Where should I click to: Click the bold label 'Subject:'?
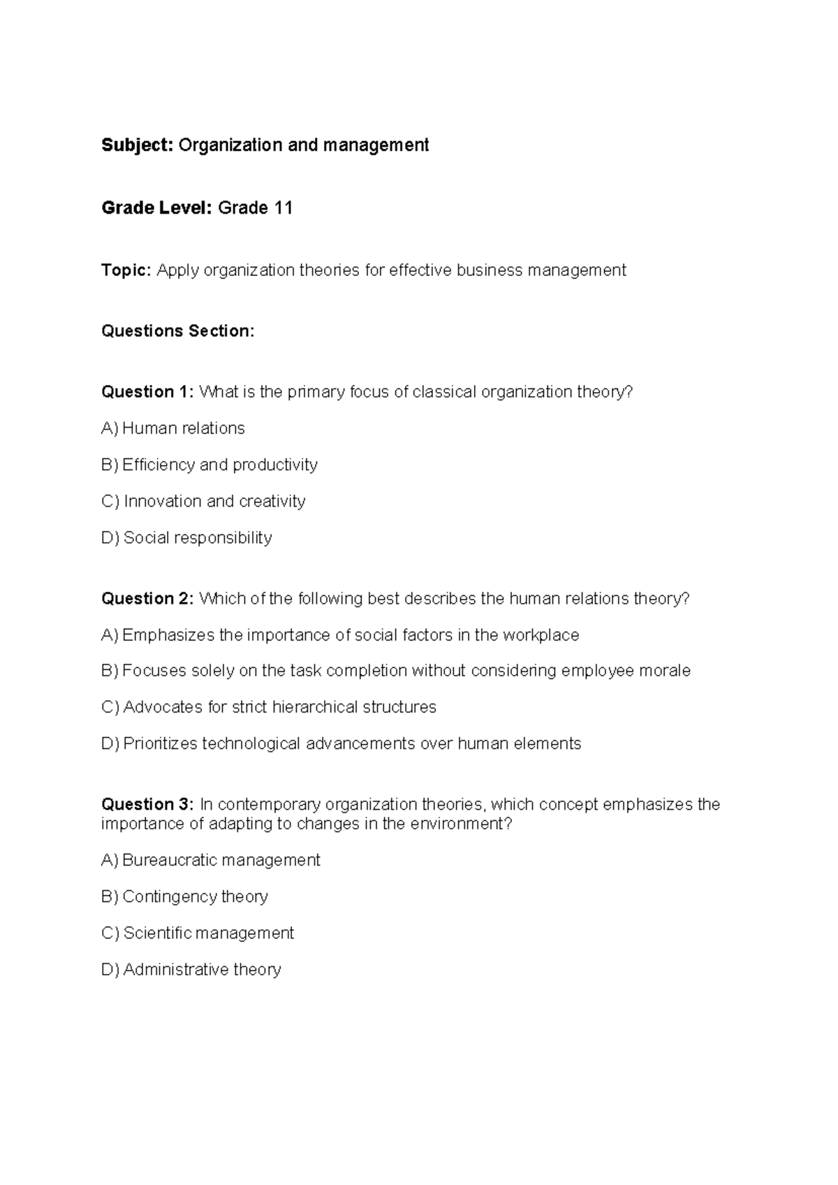pyautogui.click(x=137, y=145)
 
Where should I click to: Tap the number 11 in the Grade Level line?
pyautogui.click(x=283, y=208)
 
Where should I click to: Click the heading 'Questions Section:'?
pyautogui.click(x=178, y=330)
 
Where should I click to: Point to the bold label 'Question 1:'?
pyautogui.click(x=147, y=392)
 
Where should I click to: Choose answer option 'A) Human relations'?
pyautogui.click(x=173, y=428)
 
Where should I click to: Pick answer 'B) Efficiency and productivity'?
pyautogui.click(x=209, y=465)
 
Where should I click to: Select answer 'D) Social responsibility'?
pyautogui.click(x=186, y=537)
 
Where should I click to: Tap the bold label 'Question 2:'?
pyautogui.click(x=147, y=599)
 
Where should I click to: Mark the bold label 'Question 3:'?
pyautogui.click(x=147, y=804)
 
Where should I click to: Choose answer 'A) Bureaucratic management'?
pyautogui.click(x=211, y=860)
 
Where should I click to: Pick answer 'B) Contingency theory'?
pyautogui.click(x=185, y=896)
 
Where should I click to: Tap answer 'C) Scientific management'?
pyautogui.click(x=198, y=933)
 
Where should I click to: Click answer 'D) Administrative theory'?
pyautogui.click(x=191, y=969)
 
